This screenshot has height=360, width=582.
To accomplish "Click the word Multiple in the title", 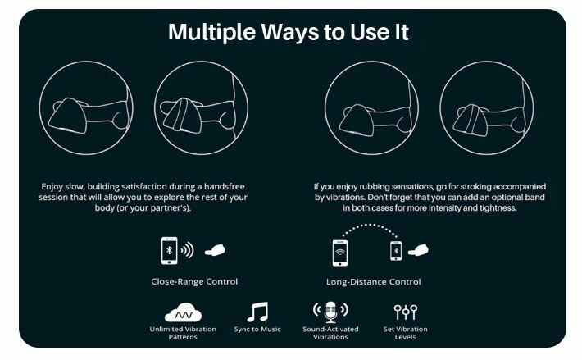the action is (211, 32).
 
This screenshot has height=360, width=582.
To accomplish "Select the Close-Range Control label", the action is (194, 281).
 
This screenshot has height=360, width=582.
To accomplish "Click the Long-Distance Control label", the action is (374, 282).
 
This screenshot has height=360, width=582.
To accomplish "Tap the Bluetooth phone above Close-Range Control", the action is (169, 250).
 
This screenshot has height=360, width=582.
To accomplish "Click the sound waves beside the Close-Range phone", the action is (188, 250).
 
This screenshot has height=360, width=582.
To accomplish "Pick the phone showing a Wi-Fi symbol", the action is (340, 253).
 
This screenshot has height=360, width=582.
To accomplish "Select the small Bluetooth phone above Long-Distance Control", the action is (396, 250).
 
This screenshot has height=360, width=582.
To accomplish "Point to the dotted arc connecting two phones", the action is (370, 225).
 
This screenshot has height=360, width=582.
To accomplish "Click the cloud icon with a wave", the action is (183, 312).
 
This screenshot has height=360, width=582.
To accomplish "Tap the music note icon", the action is (257, 312).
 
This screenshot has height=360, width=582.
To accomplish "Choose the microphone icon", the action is (330, 312).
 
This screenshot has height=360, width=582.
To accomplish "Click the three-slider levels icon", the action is (405, 312).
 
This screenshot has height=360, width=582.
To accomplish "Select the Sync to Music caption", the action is (257, 329).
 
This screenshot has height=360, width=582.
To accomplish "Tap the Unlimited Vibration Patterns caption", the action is (183, 333).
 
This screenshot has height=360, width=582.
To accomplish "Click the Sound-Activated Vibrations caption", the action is (330, 333).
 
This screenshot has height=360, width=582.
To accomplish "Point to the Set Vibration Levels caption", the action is (405, 333).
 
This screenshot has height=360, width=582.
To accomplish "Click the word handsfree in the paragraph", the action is (225, 186).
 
